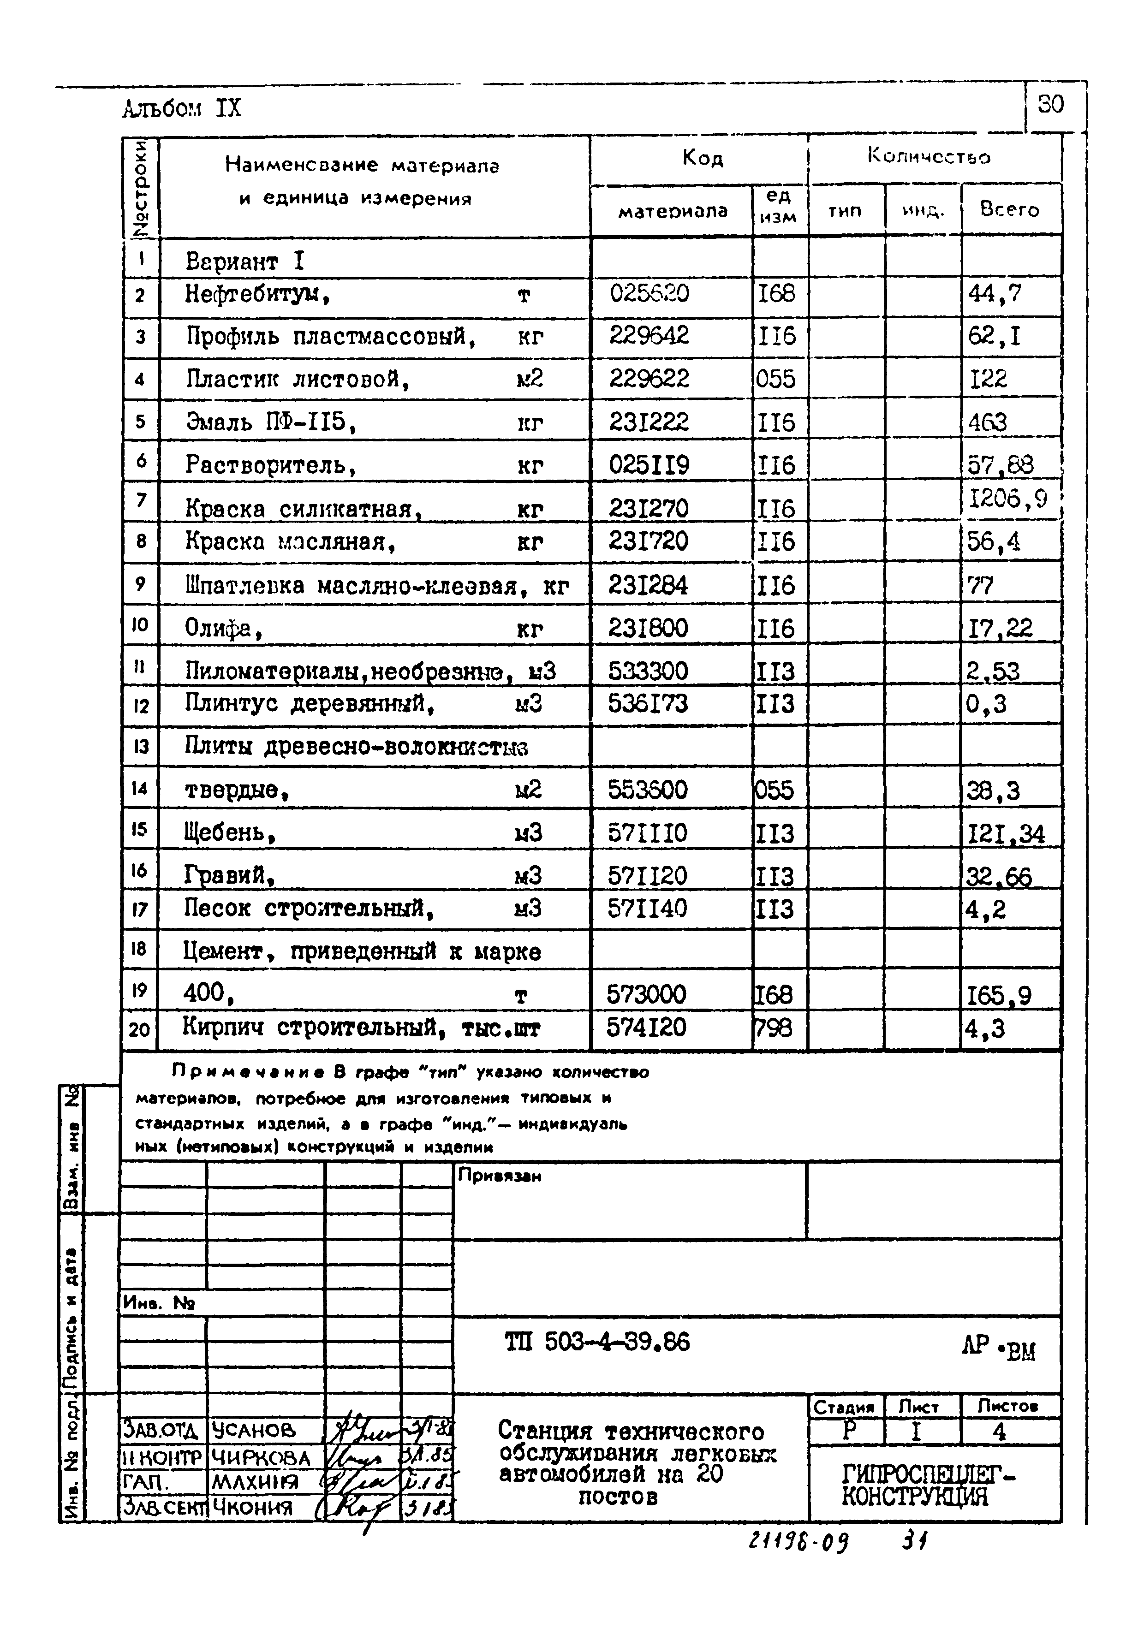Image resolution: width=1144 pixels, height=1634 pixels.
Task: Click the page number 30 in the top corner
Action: pos(1051,105)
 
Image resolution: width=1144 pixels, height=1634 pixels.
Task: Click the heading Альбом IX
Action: pos(182,109)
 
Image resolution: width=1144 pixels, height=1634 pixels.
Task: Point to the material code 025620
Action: pos(649,293)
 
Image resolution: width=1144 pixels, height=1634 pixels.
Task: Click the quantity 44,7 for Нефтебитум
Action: pos(995,293)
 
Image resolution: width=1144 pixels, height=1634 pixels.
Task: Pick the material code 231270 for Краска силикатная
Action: pos(649,508)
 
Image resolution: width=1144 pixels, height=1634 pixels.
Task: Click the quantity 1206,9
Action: pos(1008,499)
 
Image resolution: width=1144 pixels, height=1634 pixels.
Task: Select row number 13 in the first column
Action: pos(140,747)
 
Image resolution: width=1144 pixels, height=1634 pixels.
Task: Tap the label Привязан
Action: pos(499,1176)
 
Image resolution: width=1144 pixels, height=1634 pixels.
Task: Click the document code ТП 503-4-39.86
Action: pos(596,1342)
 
